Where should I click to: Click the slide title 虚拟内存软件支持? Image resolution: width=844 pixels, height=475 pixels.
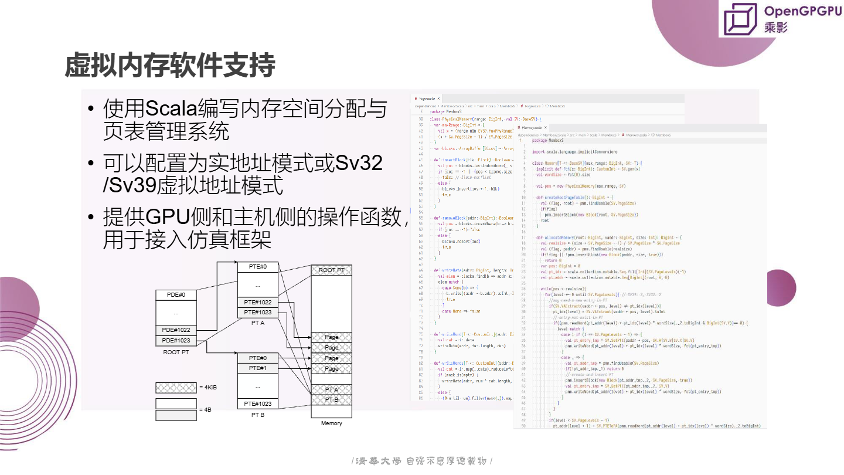point(169,66)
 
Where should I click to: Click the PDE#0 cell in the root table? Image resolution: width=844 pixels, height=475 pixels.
point(176,294)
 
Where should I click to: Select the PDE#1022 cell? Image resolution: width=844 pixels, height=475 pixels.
point(176,330)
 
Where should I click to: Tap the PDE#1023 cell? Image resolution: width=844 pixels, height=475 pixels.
point(176,341)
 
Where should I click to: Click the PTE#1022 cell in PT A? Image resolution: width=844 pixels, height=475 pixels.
point(258,303)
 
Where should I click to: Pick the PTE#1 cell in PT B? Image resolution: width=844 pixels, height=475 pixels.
point(258,368)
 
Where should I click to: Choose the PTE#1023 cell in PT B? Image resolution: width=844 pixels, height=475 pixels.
point(258,403)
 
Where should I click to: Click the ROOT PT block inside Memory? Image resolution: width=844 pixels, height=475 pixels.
point(331,270)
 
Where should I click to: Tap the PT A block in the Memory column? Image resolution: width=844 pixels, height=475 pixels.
point(331,389)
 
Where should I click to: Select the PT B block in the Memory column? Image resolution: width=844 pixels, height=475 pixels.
point(331,400)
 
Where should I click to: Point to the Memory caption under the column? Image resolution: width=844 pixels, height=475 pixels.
point(331,423)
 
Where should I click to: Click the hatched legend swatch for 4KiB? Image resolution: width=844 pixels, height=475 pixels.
point(176,388)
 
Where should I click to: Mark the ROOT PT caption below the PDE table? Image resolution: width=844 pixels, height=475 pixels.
point(176,352)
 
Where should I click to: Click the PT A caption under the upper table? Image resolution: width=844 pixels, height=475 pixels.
point(258,323)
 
